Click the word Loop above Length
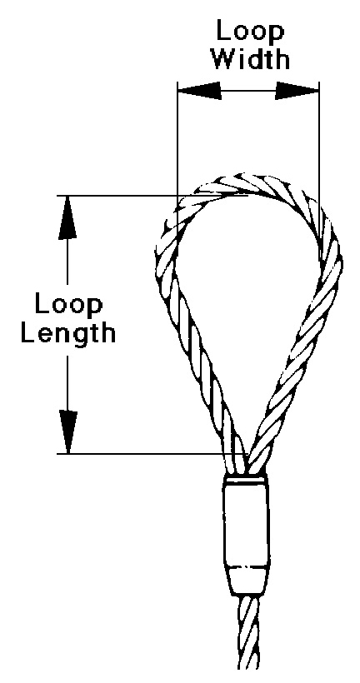point(69,306)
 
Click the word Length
point(69,333)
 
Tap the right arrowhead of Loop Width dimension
point(297,91)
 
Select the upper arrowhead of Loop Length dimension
point(67,217)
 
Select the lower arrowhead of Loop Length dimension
point(67,432)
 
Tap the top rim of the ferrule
point(244,479)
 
